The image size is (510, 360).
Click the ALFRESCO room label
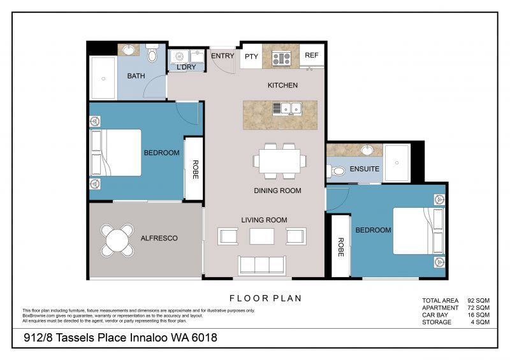point(159,238)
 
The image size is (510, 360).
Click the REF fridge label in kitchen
point(311,56)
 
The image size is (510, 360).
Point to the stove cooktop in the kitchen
point(281,59)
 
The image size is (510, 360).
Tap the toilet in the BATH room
point(152,56)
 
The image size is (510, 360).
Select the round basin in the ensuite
point(367,150)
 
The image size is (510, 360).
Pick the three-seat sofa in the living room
point(261,264)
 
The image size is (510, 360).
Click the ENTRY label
point(222,56)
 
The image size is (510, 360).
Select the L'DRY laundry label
point(186,67)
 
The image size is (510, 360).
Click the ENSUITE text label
point(365,169)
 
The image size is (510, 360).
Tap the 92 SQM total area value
point(479,300)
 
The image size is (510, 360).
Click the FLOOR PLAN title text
point(265,298)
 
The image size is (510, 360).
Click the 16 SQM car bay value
point(479,315)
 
